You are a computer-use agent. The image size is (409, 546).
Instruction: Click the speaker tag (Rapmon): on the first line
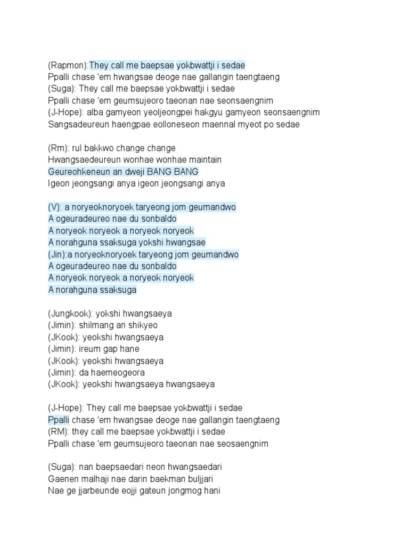68,65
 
